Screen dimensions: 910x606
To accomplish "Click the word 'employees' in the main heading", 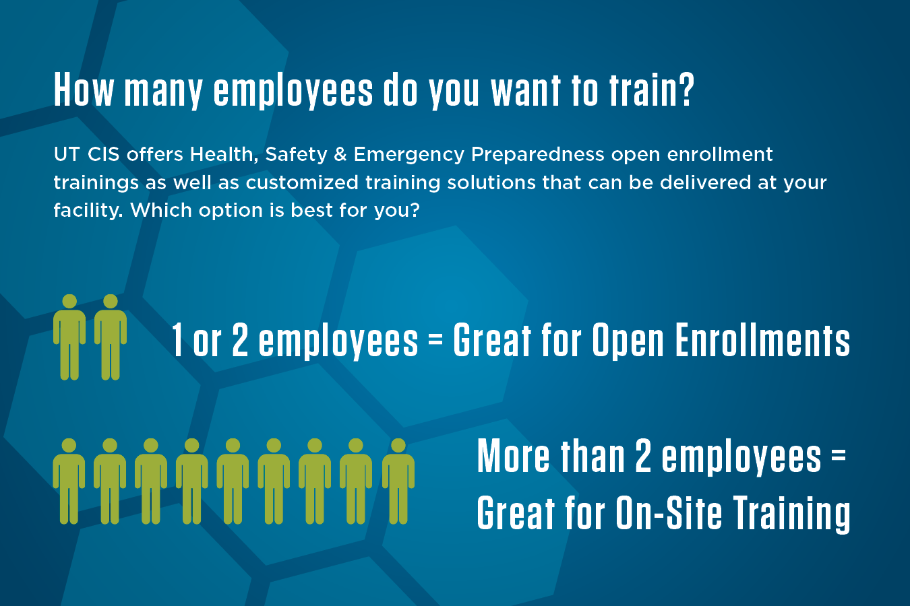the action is [x=293, y=91].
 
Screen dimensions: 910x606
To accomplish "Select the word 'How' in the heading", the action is [x=84, y=90].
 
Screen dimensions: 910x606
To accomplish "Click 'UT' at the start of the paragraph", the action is [x=67, y=154].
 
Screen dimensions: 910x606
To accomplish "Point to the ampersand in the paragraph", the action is [x=340, y=154].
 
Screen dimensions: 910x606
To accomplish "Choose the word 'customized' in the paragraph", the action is [x=302, y=182].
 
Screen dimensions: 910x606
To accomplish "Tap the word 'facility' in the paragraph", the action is [x=88, y=211].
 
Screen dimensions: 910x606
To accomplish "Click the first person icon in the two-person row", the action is [x=69, y=337].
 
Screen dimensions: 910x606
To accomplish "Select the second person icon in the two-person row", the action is [x=111, y=337].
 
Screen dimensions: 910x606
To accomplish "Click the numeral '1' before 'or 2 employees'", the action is [x=177, y=340].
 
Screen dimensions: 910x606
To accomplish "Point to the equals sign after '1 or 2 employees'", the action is [x=435, y=340].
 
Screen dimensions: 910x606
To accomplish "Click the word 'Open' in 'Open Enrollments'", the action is [x=628, y=341].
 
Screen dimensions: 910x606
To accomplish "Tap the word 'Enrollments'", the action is [x=762, y=340].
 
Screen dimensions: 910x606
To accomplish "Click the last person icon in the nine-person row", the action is [x=398, y=481].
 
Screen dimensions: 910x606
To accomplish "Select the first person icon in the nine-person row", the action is [x=69, y=481].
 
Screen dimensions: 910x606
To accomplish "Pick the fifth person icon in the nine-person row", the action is [x=233, y=481].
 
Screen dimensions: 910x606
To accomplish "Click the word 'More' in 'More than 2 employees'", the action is [x=513, y=456].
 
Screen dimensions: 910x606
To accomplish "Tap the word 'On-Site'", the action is [x=669, y=512].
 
